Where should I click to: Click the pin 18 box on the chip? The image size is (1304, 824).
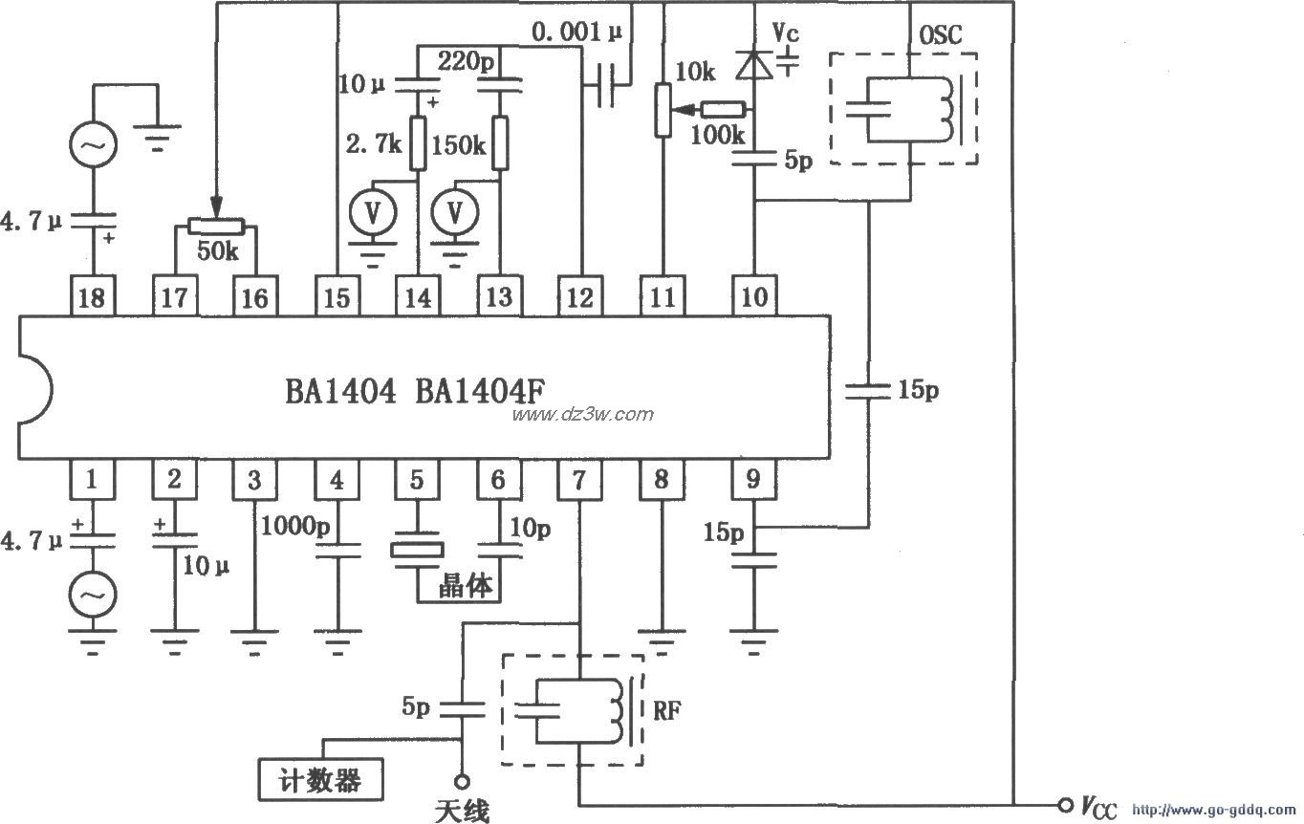(x=92, y=296)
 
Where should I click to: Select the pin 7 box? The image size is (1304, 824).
(x=580, y=480)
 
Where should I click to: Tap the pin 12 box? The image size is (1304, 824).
(x=580, y=296)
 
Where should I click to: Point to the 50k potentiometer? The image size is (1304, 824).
(x=215, y=227)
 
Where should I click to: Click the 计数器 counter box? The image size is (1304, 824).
(x=322, y=780)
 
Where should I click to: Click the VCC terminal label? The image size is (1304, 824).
(x=1098, y=808)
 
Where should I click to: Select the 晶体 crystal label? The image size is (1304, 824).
(x=466, y=585)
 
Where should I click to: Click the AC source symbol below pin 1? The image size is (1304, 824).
(x=93, y=596)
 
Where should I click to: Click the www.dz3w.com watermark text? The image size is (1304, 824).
(x=583, y=414)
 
